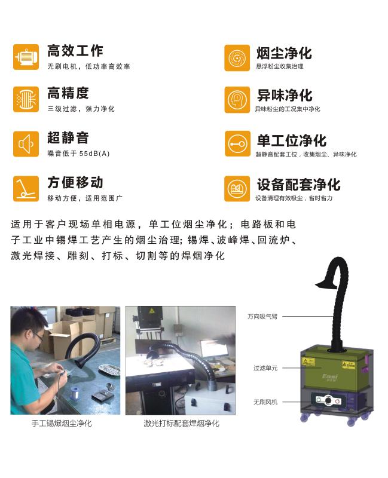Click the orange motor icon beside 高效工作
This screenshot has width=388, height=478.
[26, 57]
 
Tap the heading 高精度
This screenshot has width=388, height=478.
[68, 93]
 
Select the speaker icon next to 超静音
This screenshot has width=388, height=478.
[26, 144]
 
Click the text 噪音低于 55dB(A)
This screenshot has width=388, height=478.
[78, 154]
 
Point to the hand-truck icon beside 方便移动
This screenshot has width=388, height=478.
[26, 189]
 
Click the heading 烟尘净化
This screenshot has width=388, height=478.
[285, 53]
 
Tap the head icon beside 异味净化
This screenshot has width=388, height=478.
[237, 100]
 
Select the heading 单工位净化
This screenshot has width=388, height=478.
[292, 140]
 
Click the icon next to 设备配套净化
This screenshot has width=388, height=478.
[237, 189]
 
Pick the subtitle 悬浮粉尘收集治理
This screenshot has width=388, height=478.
[280, 66]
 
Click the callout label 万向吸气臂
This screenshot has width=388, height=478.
[262, 317]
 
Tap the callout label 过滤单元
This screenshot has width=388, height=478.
[265, 368]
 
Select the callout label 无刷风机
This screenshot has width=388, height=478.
[265, 402]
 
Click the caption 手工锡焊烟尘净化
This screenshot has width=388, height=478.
[62, 423]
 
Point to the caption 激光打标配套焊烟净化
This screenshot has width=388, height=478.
[182, 423]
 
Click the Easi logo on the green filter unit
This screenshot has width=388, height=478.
[330, 376]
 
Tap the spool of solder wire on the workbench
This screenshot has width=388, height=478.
[74, 393]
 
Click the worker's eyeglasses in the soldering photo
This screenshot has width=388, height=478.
[38, 336]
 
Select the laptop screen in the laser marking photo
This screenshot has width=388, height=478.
[214, 349]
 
